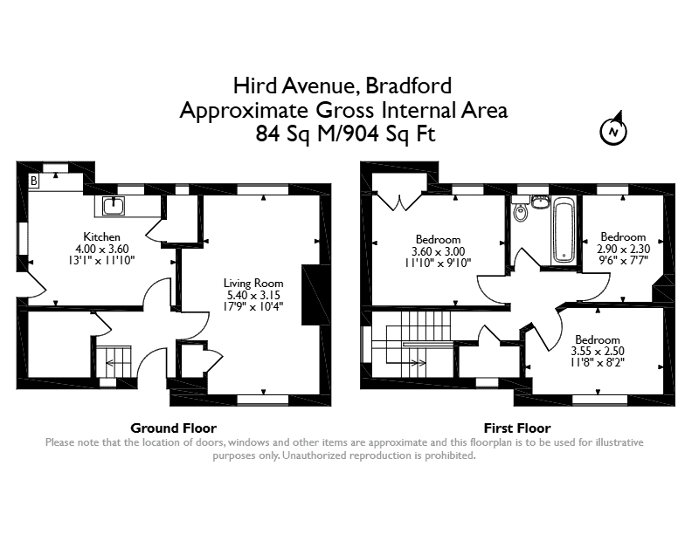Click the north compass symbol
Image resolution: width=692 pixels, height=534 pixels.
[x=613, y=131]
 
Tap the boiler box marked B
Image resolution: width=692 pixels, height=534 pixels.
[x=34, y=181]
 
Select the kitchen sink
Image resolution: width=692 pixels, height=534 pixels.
[x=114, y=206]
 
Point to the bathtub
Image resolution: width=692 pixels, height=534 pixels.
[x=564, y=229]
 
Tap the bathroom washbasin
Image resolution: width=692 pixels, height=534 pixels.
[x=539, y=202]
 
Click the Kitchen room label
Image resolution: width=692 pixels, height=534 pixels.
[x=102, y=236]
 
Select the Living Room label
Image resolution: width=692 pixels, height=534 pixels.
[x=253, y=284]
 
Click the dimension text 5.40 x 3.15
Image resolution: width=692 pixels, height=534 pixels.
[x=253, y=295]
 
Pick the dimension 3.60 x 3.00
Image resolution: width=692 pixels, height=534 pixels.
[x=439, y=251]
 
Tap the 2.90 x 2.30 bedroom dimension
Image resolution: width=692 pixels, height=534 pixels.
[x=623, y=249]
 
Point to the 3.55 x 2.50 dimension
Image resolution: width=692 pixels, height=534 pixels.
[x=598, y=351]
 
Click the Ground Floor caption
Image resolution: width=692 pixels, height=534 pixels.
[x=174, y=428]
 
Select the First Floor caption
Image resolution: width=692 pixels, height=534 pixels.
[x=517, y=428]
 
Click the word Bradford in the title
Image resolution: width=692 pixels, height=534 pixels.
[x=409, y=86]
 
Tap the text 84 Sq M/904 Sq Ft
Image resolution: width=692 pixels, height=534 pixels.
[x=345, y=134]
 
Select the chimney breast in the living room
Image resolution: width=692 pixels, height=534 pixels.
[x=311, y=295]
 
